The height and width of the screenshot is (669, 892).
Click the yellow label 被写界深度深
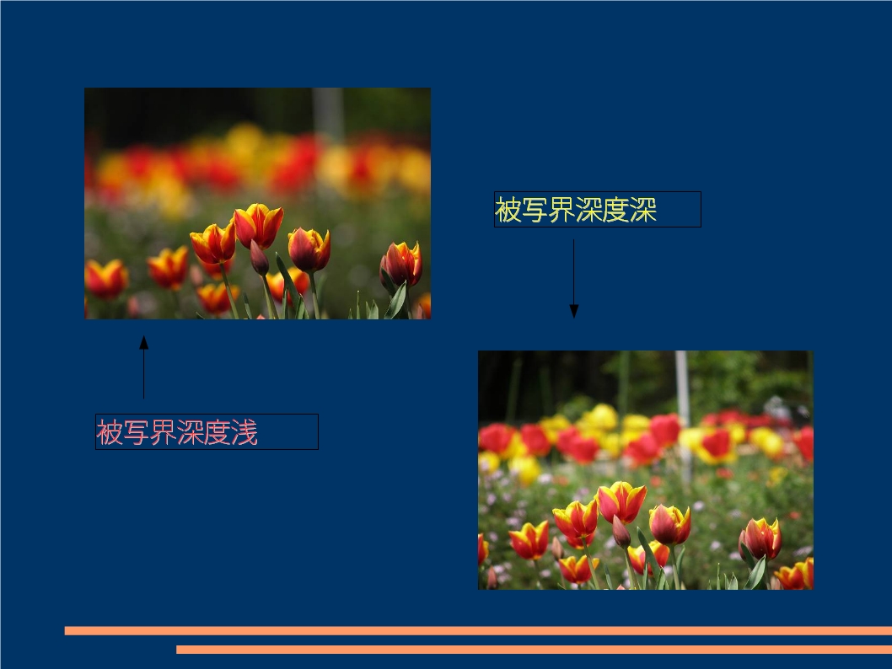[x=576, y=210]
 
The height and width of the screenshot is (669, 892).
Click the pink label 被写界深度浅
[x=177, y=432]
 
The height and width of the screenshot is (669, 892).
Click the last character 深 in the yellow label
[x=643, y=210]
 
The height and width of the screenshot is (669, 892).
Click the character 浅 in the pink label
[x=244, y=432]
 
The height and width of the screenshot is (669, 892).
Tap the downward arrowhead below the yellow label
[x=573, y=311]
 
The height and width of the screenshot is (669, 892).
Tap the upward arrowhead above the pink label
[x=144, y=342]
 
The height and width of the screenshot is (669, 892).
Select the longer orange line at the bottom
[x=478, y=630]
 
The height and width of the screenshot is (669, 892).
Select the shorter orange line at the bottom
[x=534, y=649]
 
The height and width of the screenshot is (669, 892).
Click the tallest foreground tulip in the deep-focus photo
[x=621, y=502]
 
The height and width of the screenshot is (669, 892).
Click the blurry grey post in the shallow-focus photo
[x=328, y=114]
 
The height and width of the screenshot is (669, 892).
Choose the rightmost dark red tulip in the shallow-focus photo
[x=401, y=264]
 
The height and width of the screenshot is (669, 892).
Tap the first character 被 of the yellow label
[x=508, y=210]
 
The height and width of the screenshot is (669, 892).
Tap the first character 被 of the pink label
[x=110, y=432]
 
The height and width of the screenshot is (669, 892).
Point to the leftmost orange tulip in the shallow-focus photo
[x=106, y=279]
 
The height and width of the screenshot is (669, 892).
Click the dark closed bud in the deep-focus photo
[x=621, y=532]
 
